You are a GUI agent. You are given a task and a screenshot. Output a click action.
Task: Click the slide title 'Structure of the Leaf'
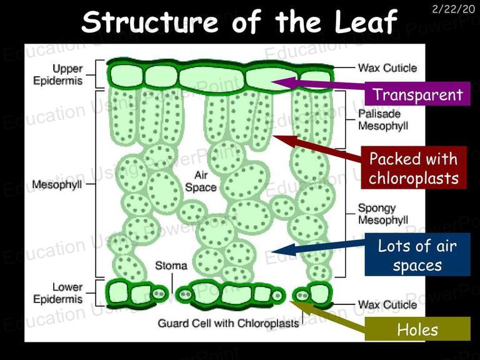click(x=239, y=21)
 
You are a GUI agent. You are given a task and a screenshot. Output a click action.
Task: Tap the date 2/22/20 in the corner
click(x=453, y=9)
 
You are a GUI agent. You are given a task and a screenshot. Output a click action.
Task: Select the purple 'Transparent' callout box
click(x=417, y=94)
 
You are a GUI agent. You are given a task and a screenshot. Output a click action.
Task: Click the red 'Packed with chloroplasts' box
click(x=414, y=167)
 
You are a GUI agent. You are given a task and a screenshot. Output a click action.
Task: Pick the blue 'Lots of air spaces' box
click(x=417, y=255)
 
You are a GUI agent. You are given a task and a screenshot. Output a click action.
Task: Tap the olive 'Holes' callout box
click(x=417, y=329)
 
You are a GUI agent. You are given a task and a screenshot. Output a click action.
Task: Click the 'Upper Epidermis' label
click(x=58, y=74)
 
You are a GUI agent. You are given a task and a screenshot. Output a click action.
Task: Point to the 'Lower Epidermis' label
click(x=58, y=293)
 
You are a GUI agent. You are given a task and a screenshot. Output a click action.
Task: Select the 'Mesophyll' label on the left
click(x=57, y=184)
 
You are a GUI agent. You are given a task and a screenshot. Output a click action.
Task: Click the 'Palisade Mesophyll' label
click(x=383, y=120)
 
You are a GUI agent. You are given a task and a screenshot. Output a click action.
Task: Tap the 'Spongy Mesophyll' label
click(x=383, y=214)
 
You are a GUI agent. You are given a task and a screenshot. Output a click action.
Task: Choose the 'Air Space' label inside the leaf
click(x=201, y=181)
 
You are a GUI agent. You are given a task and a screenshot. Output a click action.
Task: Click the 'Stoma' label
click(x=171, y=266)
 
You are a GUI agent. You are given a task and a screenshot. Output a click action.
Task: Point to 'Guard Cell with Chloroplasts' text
click(x=228, y=323)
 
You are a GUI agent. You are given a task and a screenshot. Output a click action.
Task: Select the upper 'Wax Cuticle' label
click(x=387, y=67)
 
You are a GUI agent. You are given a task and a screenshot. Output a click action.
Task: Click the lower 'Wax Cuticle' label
click(x=387, y=304)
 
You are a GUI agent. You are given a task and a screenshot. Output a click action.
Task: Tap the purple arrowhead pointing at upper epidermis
click(x=284, y=82)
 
